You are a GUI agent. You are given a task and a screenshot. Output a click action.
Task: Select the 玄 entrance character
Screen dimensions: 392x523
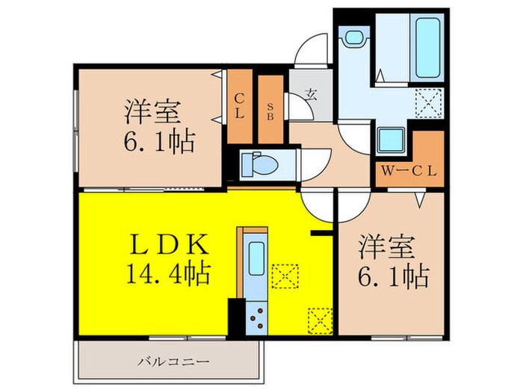(309, 95)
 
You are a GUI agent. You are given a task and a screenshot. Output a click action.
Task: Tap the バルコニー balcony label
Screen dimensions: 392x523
(167, 363)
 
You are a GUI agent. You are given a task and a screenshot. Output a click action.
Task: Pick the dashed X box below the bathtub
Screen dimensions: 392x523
(428, 102)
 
